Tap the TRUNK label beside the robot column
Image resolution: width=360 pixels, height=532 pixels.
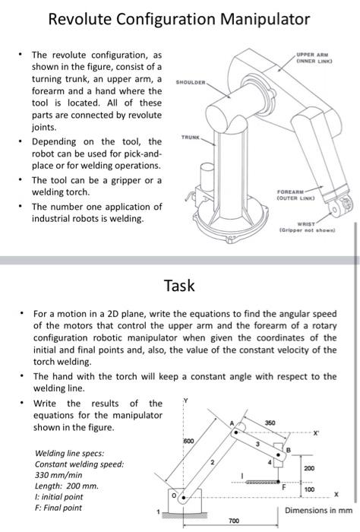coord(191,138)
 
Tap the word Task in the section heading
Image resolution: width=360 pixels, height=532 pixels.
coord(179,286)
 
